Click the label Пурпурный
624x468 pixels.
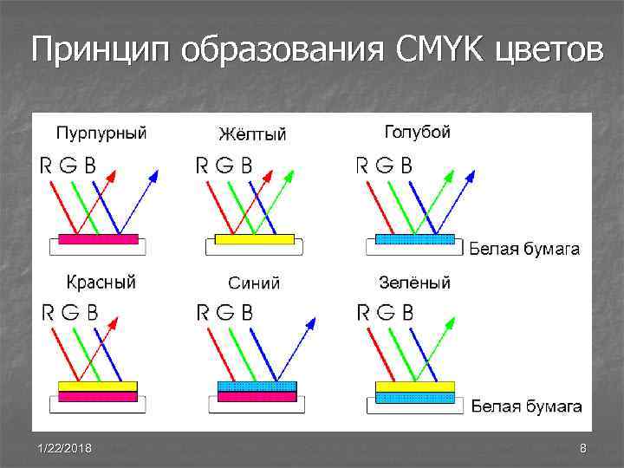pyautogui.click(x=101, y=133)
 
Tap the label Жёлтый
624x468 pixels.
pyautogui.click(x=252, y=134)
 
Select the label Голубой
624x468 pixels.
pyautogui.click(x=417, y=133)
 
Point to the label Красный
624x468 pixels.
pyautogui.click(x=101, y=283)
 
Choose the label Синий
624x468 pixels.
pyautogui.click(x=254, y=283)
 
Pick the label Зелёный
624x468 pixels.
pyautogui.click(x=414, y=283)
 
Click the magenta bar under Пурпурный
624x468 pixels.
pyautogui.click(x=98, y=239)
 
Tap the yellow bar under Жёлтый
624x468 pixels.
pyautogui.click(x=255, y=239)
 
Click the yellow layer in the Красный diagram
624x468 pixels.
pyautogui.click(x=97, y=386)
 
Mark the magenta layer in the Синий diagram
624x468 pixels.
pyautogui.click(x=257, y=397)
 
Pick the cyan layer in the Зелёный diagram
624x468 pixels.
pyautogui.click(x=415, y=397)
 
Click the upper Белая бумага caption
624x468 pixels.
pyautogui.click(x=524, y=250)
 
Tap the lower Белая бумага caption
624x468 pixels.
pyautogui.click(x=526, y=406)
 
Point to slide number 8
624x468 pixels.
pyautogui.click(x=583, y=448)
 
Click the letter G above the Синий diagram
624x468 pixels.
pyautogui.click(x=224, y=312)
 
